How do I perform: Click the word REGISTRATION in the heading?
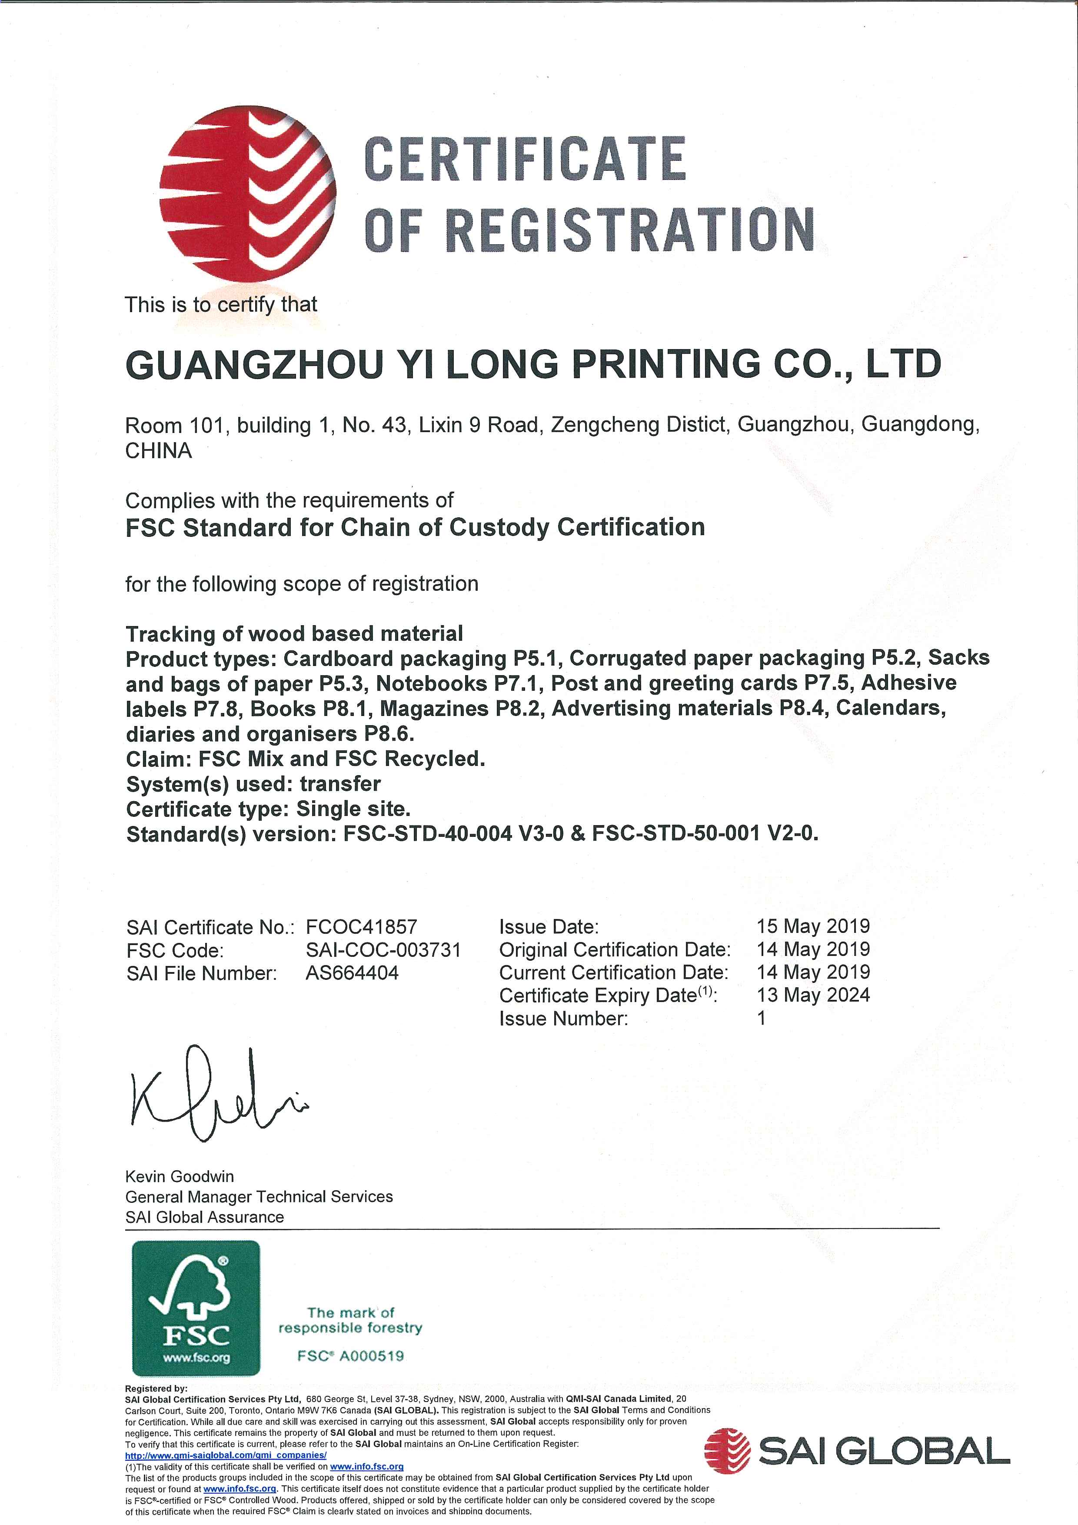click(629, 230)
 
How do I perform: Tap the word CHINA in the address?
click(159, 451)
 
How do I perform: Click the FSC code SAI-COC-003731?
click(383, 950)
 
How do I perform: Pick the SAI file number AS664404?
click(352, 973)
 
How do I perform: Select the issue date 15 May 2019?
click(813, 926)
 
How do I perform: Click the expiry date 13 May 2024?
click(813, 995)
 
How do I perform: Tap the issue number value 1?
click(761, 1018)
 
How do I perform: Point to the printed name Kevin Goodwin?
click(180, 1176)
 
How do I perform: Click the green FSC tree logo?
click(196, 1308)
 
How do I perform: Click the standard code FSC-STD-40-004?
click(428, 833)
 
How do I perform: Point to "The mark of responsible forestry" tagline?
click(350, 1320)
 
